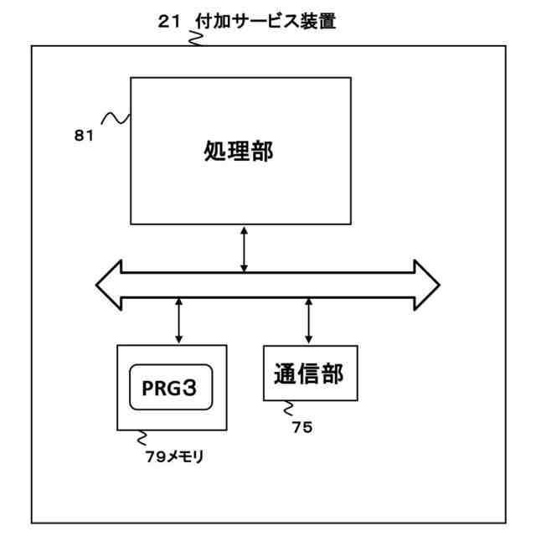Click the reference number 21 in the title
[x=168, y=23]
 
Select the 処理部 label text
[x=239, y=151]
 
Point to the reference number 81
[x=84, y=136]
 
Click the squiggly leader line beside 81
[x=116, y=119]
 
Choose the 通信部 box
[x=311, y=373]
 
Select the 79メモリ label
[x=175, y=457]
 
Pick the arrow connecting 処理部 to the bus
[x=244, y=249]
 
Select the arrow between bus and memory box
[x=178, y=319]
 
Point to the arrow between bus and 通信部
[x=309, y=320]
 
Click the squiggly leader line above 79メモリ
[x=142, y=438]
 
